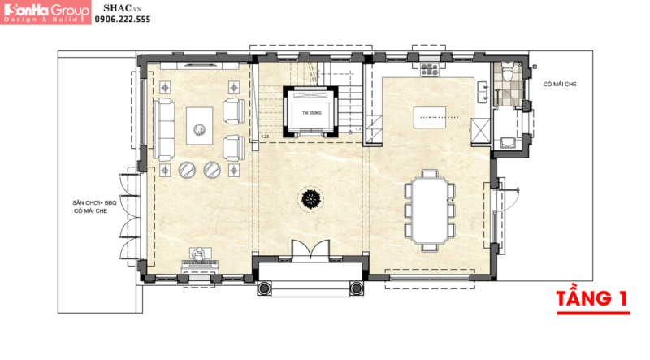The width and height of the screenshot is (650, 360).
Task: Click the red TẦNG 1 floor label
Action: point(592,298)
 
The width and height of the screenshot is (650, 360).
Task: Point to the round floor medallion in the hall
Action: point(310,198)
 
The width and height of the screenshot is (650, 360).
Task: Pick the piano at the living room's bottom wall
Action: point(199,260)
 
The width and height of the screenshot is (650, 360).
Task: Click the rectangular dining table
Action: point(429,209)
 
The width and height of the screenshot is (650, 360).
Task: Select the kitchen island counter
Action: point(431,117)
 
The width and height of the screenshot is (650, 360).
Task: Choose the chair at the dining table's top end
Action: point(429,173)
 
